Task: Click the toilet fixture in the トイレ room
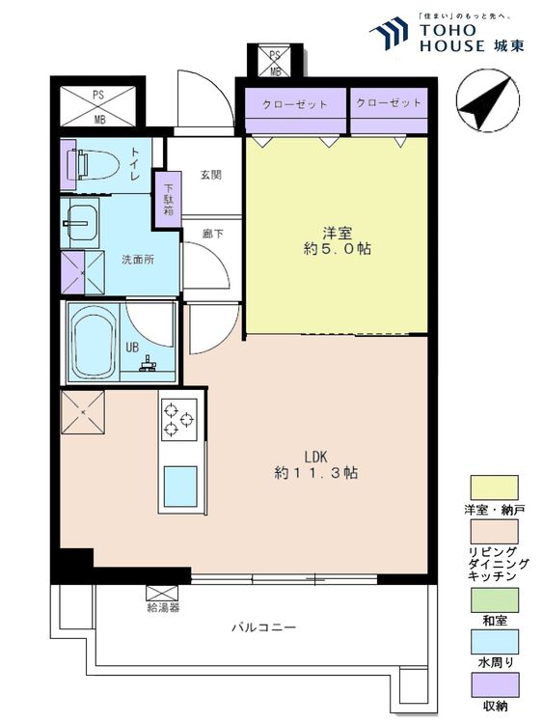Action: click(93, 164)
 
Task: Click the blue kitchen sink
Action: click(180, 487)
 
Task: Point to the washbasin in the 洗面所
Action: click(80, 223)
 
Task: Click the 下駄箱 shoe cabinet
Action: click(169, 200)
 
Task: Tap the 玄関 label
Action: click(211, 175)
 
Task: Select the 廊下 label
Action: click(213, 235)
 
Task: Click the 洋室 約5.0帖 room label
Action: click(338, 241)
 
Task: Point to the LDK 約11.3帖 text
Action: click(316, 464)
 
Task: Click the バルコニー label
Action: click(263, 627)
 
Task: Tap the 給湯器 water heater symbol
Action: click(162, 593)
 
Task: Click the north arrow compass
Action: click(488, 101)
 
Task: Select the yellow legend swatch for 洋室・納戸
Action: click(494, 487)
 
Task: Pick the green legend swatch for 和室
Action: click(494, 599)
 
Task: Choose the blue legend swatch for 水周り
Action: click(494, 642)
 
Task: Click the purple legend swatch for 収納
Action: click(494, 684)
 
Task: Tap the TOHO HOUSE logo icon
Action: click(389, 33)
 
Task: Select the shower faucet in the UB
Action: click(149, 364)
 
